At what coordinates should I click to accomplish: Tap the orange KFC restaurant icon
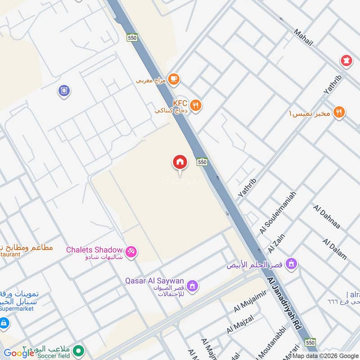(195, 105)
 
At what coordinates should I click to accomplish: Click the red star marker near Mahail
(346, 60)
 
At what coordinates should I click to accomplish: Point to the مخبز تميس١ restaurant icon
(339, 112)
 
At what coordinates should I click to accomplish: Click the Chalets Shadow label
(94, 250)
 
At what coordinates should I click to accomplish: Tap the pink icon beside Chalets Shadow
(131, 252)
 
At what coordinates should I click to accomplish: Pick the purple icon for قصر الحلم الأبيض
(292, 264)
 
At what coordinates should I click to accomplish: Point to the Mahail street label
(303, 37)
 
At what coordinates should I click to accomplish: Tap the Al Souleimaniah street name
(277, 212)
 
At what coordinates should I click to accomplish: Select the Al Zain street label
(277, 243)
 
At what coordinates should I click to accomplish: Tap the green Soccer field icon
(79, 350)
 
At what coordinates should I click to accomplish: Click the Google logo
(19, 353)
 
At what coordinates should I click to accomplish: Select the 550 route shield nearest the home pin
(202, 161)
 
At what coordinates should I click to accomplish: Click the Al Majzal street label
(240, 324)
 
